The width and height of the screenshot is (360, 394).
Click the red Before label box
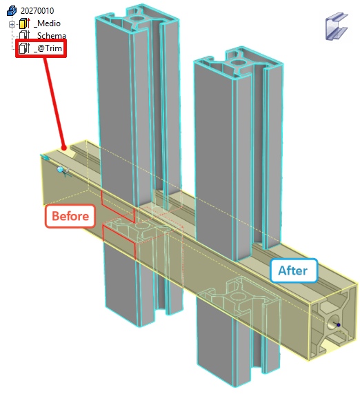70,216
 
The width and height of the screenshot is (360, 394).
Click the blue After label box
293,270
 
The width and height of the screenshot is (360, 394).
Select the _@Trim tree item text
48,48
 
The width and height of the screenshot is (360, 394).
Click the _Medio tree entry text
47,23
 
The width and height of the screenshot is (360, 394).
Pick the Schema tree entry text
51,35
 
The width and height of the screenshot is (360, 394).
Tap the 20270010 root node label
37,11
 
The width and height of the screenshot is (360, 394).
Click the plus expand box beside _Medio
12,24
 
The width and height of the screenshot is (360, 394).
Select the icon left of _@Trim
25,48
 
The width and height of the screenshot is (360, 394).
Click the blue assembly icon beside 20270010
12,11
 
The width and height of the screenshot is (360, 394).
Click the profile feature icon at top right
337,26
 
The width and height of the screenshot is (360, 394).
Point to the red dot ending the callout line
64,148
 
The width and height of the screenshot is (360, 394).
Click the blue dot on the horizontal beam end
339,325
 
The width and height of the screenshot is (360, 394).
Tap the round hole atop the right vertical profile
237,62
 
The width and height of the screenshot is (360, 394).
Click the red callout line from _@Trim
54,102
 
